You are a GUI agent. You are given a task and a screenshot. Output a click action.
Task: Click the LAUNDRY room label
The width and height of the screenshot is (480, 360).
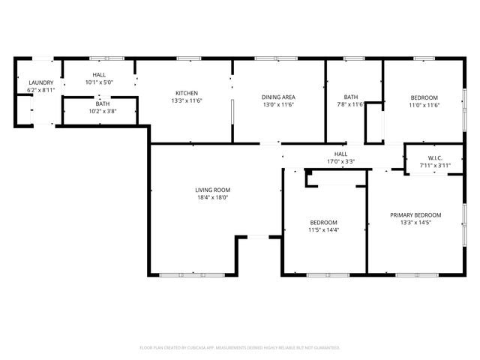click(x=40, y=82)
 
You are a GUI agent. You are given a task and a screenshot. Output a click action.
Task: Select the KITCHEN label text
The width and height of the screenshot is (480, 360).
click(x=187, y=94)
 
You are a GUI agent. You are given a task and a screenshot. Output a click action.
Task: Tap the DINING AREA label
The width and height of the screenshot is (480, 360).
click(x=278, y=97)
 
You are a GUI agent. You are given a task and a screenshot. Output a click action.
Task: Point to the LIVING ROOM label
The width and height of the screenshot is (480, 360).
click(x=212, y=190)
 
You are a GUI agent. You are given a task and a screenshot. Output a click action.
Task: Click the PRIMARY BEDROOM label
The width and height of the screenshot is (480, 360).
click(x=415, y=215)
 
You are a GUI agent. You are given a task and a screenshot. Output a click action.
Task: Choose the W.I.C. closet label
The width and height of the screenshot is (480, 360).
click(x=434, y=157)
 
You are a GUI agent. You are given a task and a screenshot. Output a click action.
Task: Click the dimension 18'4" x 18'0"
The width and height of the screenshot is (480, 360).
click(x=212, y=198)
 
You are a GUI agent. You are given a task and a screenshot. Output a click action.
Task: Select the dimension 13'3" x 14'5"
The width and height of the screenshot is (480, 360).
click(x=415, y=223)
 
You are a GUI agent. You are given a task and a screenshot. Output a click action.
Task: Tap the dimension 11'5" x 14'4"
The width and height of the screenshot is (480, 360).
click(x=324, y=230)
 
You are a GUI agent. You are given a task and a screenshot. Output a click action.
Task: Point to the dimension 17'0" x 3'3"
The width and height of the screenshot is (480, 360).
click(x=340, y=161)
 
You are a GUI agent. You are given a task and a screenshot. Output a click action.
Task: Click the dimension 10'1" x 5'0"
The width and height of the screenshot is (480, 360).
click(x=99, y=82)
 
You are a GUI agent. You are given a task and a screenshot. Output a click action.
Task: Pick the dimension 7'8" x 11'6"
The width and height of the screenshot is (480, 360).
click(x=351, y=104)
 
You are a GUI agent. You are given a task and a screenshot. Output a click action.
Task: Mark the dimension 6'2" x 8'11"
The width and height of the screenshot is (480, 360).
click(x=40, y=90)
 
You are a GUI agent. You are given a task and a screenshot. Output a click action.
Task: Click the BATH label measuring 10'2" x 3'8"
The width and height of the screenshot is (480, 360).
click(x=102, y=103)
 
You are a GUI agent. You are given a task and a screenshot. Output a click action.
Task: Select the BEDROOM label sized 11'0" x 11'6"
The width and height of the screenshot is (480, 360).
click(x=424, y=97)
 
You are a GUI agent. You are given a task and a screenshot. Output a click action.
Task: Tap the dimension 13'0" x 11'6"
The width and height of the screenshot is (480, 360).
click(x=278, y=104)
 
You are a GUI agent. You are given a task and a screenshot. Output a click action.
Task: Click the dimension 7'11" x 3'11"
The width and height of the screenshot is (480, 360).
click(x=434, y=165)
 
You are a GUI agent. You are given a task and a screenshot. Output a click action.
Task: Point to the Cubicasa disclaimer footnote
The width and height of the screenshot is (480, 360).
click(x=240, y=348)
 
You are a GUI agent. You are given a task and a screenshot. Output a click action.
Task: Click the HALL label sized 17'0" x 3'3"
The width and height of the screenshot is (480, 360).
click(x=340, y=154)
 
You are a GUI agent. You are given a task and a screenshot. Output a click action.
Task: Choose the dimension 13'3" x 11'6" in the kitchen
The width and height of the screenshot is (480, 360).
click(x=187, y=101)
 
